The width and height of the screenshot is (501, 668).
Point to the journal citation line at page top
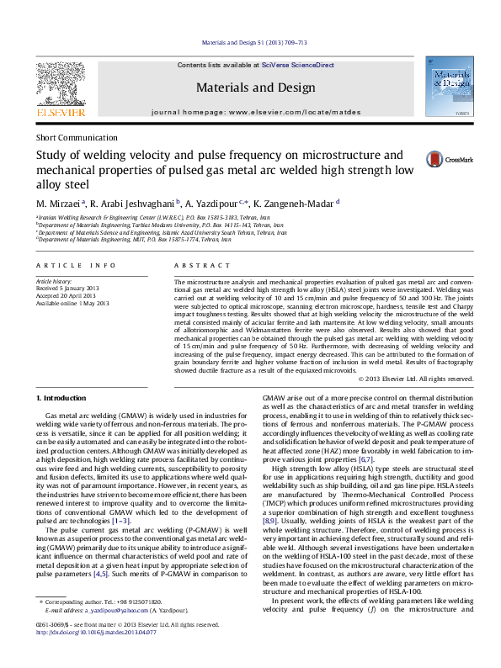(250, 42)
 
